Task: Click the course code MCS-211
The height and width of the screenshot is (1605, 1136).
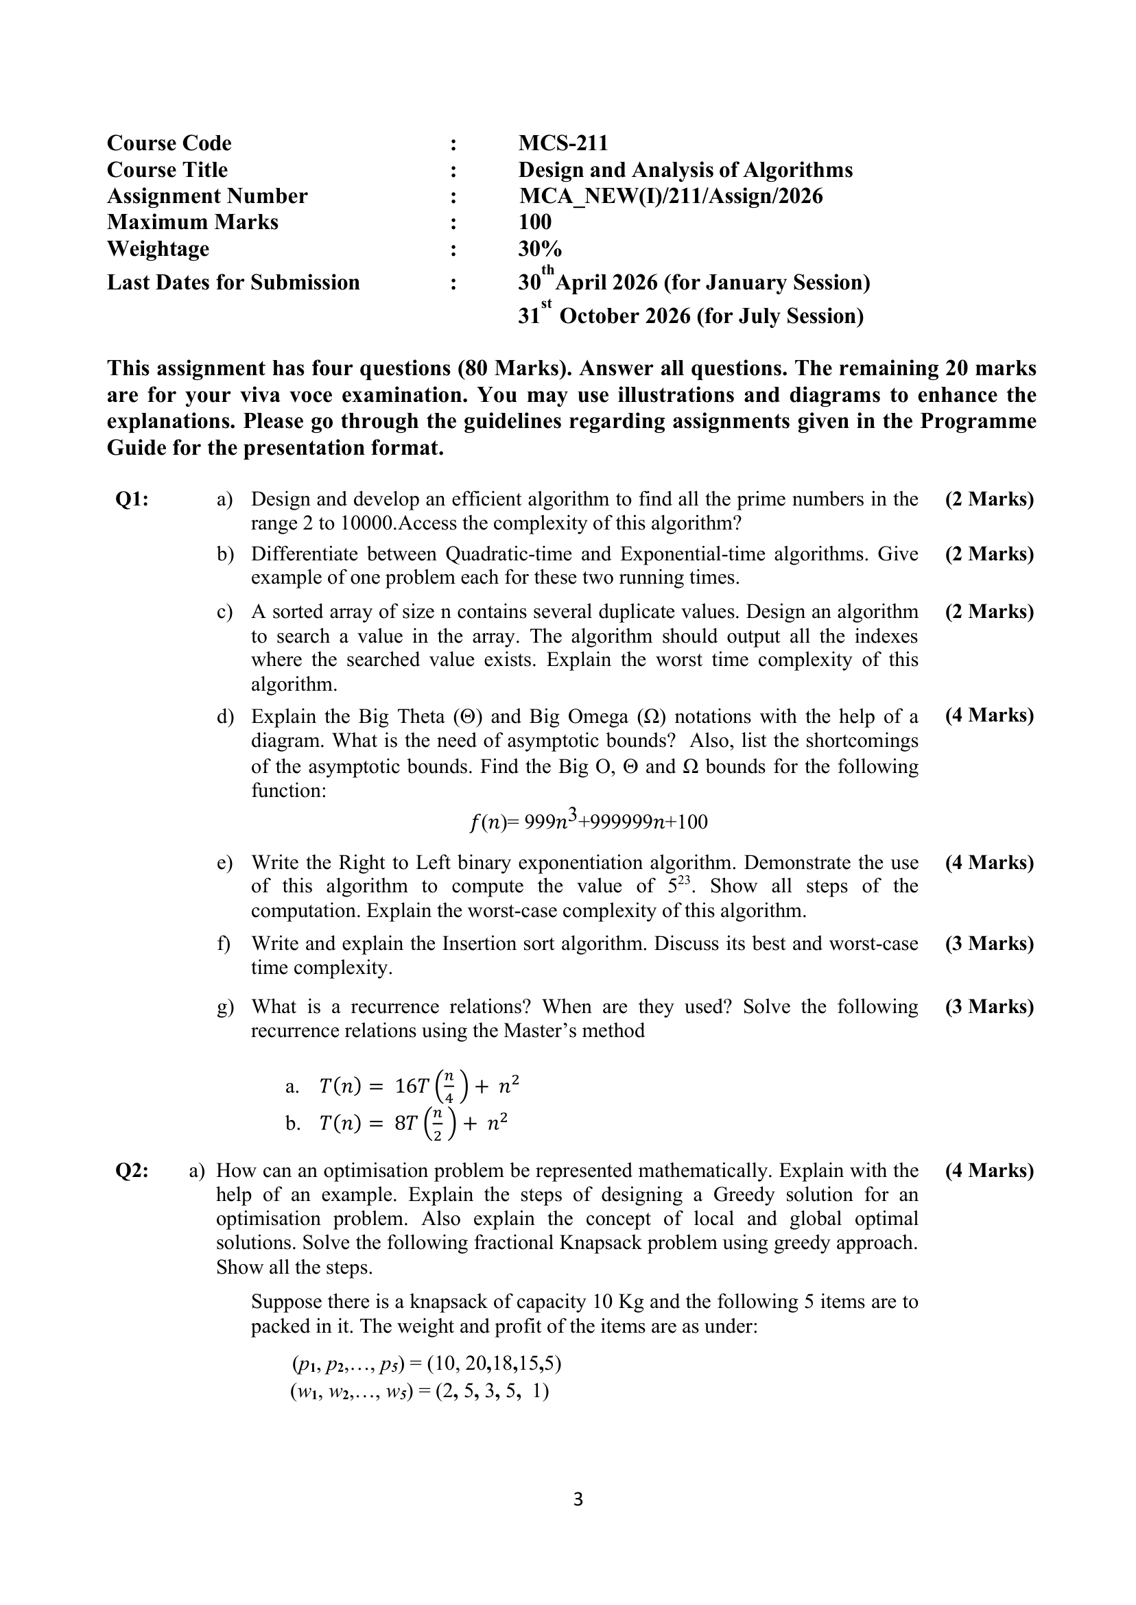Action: pos(563,143)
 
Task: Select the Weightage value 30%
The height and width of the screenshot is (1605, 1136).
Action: pos(539,249)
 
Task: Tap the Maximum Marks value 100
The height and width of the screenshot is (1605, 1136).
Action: pos(534,222)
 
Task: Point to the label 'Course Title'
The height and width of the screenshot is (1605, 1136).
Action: pos(167,170)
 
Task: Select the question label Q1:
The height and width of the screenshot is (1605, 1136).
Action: pos(132,499)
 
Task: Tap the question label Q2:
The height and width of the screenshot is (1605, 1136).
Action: pos(132,1171)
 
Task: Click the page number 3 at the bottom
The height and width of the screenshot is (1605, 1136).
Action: pos(577,1499)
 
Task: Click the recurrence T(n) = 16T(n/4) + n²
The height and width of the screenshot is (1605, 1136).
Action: pos(418,1086)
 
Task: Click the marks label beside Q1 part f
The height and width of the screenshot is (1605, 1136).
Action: pos(989,944)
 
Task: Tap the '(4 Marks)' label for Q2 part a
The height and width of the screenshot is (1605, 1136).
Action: pos(989,1171)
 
